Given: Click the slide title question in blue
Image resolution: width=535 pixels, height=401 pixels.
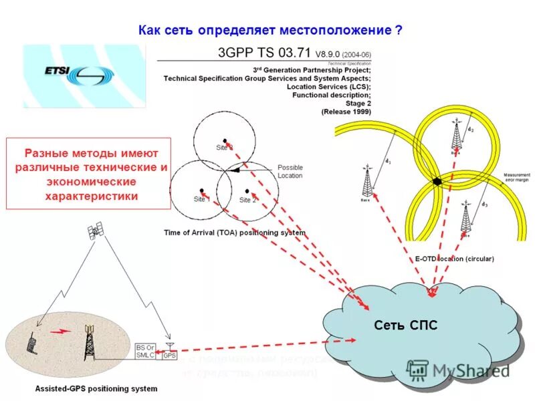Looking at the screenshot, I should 270,30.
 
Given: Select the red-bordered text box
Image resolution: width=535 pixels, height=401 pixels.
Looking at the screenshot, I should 89,174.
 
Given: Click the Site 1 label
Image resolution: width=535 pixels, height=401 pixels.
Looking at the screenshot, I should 202,198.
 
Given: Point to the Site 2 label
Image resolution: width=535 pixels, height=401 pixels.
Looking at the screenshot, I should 247,199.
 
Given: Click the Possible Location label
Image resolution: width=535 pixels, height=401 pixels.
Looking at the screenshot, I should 290,171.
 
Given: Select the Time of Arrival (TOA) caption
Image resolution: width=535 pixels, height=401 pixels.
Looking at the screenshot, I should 235,233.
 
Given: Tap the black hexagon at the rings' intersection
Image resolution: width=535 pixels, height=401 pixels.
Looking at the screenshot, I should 437,180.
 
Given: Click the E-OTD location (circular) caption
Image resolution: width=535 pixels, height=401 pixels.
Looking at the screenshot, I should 450,258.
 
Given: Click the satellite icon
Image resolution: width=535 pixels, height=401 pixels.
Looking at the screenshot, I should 96,231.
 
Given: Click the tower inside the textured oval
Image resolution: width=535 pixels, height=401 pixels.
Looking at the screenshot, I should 88,343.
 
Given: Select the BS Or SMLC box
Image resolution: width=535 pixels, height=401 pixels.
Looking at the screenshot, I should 144,352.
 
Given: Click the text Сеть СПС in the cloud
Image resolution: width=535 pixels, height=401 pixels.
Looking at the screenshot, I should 415,325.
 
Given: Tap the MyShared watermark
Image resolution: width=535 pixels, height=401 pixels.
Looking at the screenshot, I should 458,370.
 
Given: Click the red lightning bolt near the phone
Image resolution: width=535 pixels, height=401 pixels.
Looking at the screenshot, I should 61,330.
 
